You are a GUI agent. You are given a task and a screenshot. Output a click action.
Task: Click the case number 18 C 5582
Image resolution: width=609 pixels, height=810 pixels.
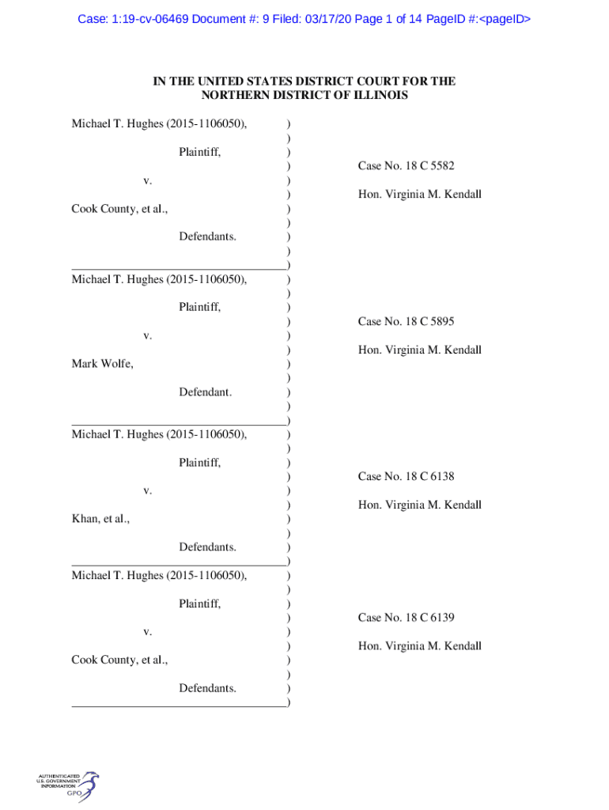pos(406,166)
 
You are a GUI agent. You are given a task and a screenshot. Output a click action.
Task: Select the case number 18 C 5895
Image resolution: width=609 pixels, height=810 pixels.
pos(406,321)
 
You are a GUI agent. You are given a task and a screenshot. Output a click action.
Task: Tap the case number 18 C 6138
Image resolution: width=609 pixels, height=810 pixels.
pos(406,476)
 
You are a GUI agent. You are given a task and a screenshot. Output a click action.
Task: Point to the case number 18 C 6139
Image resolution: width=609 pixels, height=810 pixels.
pos(406,618)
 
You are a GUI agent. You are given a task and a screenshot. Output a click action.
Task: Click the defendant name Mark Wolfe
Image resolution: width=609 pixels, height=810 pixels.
pos(102,364)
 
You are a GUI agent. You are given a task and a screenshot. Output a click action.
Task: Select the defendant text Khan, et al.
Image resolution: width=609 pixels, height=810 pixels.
pos(100,519)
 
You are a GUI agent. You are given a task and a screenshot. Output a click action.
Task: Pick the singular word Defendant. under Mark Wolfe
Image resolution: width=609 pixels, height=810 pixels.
pos(205,392)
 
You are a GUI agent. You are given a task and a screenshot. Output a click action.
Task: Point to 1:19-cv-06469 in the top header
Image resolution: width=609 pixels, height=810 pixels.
pos(150,18)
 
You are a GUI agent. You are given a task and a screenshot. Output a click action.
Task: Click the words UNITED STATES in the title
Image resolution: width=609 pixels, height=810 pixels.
pos(229,81)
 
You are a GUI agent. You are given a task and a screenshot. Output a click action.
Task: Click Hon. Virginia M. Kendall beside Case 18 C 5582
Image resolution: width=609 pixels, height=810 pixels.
pos(419,195)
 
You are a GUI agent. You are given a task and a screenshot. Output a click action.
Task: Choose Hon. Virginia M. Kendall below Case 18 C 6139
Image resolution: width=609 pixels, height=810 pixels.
pos(419,646)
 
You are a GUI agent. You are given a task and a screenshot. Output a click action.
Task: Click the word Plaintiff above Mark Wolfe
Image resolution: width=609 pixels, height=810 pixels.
pos(199,307)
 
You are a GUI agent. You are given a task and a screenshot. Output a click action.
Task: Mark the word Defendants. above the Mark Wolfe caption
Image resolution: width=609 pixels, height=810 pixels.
pos(207,237)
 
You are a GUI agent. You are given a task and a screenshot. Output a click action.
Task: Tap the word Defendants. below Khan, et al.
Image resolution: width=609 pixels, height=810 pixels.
pos(207,547)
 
